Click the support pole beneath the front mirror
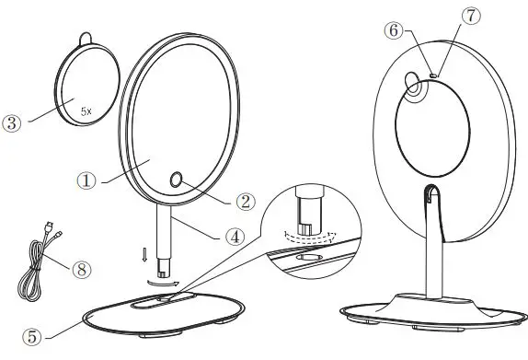coord(166,238)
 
